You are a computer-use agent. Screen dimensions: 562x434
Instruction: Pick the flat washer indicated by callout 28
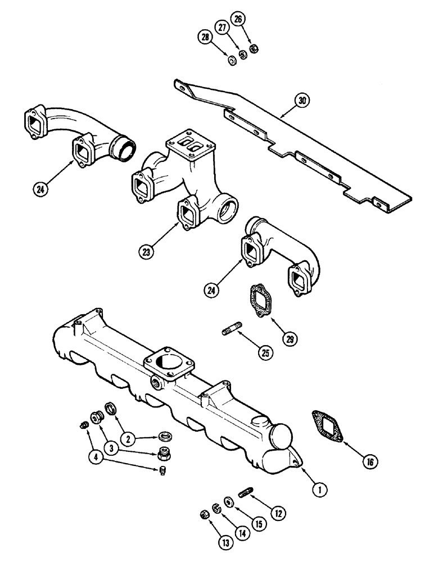tap(232, 59)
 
